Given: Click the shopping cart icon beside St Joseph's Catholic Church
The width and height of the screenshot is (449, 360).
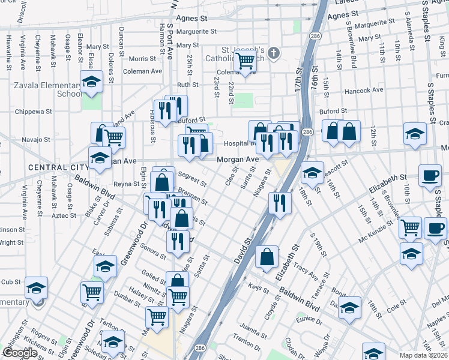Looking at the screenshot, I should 245,61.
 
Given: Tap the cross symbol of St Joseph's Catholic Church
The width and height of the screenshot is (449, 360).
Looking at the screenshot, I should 274,53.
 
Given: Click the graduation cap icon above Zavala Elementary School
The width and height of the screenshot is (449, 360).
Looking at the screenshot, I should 91,82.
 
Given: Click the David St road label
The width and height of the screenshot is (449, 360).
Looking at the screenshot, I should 246,248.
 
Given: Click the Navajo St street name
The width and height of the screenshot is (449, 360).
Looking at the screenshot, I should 35,139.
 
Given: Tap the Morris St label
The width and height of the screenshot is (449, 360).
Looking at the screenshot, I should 142,59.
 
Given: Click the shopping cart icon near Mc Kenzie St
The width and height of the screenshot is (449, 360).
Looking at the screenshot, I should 410,228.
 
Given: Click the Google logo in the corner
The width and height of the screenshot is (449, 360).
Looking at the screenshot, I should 20,353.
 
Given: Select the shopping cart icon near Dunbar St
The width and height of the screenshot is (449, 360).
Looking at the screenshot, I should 92,293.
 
